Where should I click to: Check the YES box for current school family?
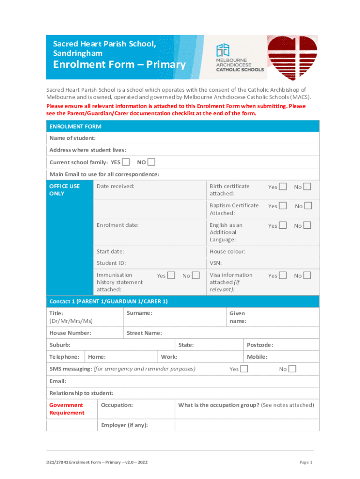[126, 162]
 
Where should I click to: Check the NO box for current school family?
[151, 162]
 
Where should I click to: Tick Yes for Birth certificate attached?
[283, 187]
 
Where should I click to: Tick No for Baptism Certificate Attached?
[308, 206]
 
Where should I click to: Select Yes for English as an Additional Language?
[283, 225]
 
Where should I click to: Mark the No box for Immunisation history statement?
[196, 276]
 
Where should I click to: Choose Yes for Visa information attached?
[283, 276]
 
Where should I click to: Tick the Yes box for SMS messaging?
[244, 369]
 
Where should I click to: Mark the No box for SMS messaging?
[292, 369]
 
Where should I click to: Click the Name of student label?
[72, 138]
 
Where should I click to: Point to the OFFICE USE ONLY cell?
[65, 189]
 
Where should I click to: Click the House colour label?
[227, 252]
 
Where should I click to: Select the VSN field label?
[216, 263]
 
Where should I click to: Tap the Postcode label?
[260, 345]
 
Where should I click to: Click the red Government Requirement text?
[67, 409]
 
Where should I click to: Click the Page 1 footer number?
[305, 462]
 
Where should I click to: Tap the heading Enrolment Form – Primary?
[119, 65]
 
